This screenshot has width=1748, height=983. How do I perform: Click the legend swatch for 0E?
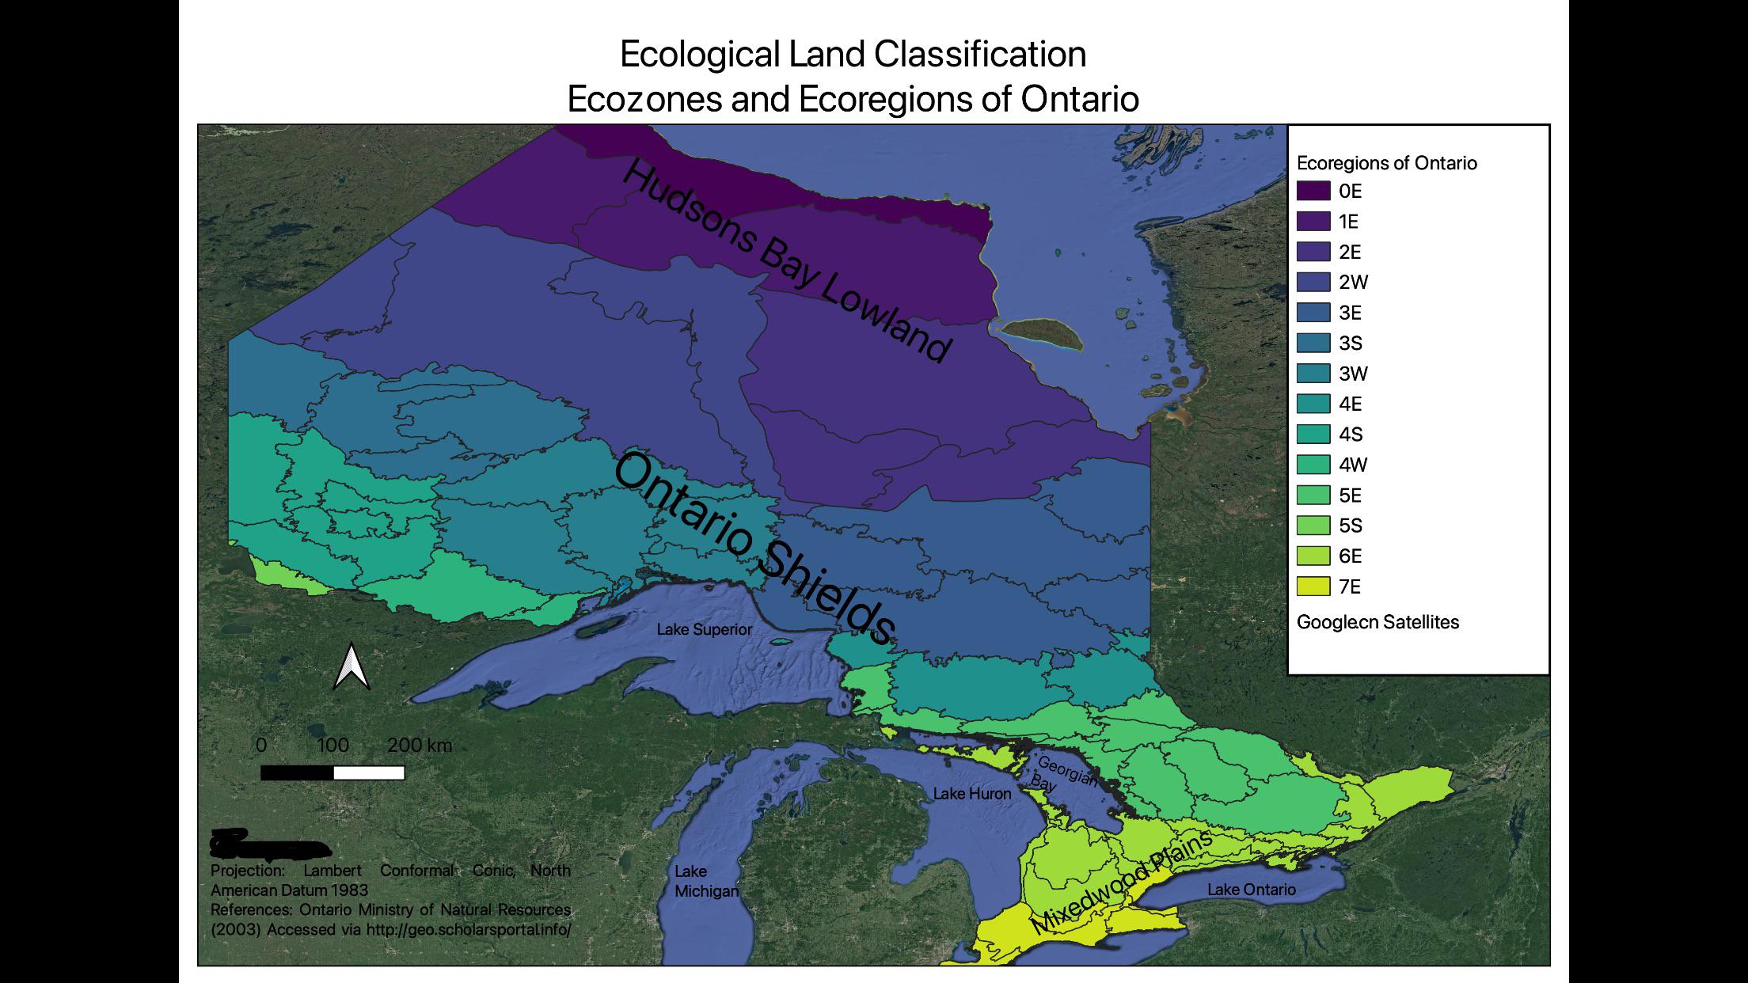(x=1313, y=191)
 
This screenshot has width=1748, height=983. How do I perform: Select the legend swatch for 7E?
(x=1313, y=586)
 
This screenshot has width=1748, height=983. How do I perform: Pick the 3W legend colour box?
(x=1313, y=374)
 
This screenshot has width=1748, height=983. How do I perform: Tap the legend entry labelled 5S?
(x=1350, y=526)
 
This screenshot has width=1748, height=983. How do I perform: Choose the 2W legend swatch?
(x=1313, y=282)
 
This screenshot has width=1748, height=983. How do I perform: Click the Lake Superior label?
(x=704, y=630)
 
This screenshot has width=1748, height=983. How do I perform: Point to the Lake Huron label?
(x=971, y=794)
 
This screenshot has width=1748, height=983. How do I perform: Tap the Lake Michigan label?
(x=705, y=881)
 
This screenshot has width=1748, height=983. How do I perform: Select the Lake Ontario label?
(x=1251, y=890)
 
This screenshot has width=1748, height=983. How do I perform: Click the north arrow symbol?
(x=351, y=666)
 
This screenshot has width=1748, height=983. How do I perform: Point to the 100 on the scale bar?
(x=332, y=746)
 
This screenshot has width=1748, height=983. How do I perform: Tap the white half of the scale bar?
(x=369, y=772)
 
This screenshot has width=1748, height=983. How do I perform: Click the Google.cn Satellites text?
(x=1377, y=622)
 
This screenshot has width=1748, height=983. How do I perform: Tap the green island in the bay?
(x=1042, y=333)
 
